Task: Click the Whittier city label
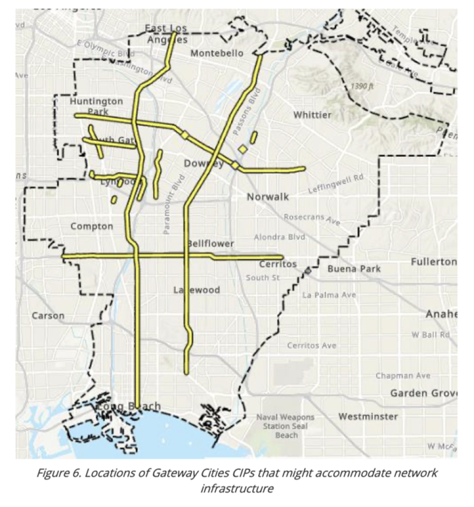pos(312,115)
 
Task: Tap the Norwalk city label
pos(268,197)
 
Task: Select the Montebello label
pos(217,53)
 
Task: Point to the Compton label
pos(92,226)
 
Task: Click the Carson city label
pos(48,316)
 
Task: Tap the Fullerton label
pos(433,261)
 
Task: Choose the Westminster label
pos(368,416)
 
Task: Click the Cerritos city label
pos(278,264)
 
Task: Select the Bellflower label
pos(211,243)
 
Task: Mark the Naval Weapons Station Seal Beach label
pos(286,426)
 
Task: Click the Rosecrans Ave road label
pos(312,219)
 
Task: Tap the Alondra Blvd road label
pos(279,237)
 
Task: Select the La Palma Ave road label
pos(329,295)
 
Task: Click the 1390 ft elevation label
pos(362,86)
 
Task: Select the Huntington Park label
pos(96,106)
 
